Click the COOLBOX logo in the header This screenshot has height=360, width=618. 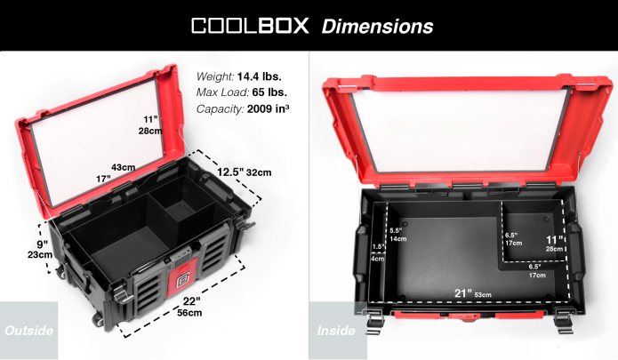click(x=251, y=25)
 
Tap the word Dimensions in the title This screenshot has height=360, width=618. click(x=377, y=26)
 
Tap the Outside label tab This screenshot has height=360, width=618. click(x=28, y=331)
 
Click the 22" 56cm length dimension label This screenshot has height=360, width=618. click(x=189, y=307)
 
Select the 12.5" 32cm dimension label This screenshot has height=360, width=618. click(x=245, y=172)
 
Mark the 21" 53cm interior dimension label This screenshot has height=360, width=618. click(x=471, y=293)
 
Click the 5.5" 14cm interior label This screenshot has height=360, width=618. click(x=397, y=234)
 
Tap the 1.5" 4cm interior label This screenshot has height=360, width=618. click(x=378, y=252)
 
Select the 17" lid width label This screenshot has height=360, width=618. click(x=103, y=179)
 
